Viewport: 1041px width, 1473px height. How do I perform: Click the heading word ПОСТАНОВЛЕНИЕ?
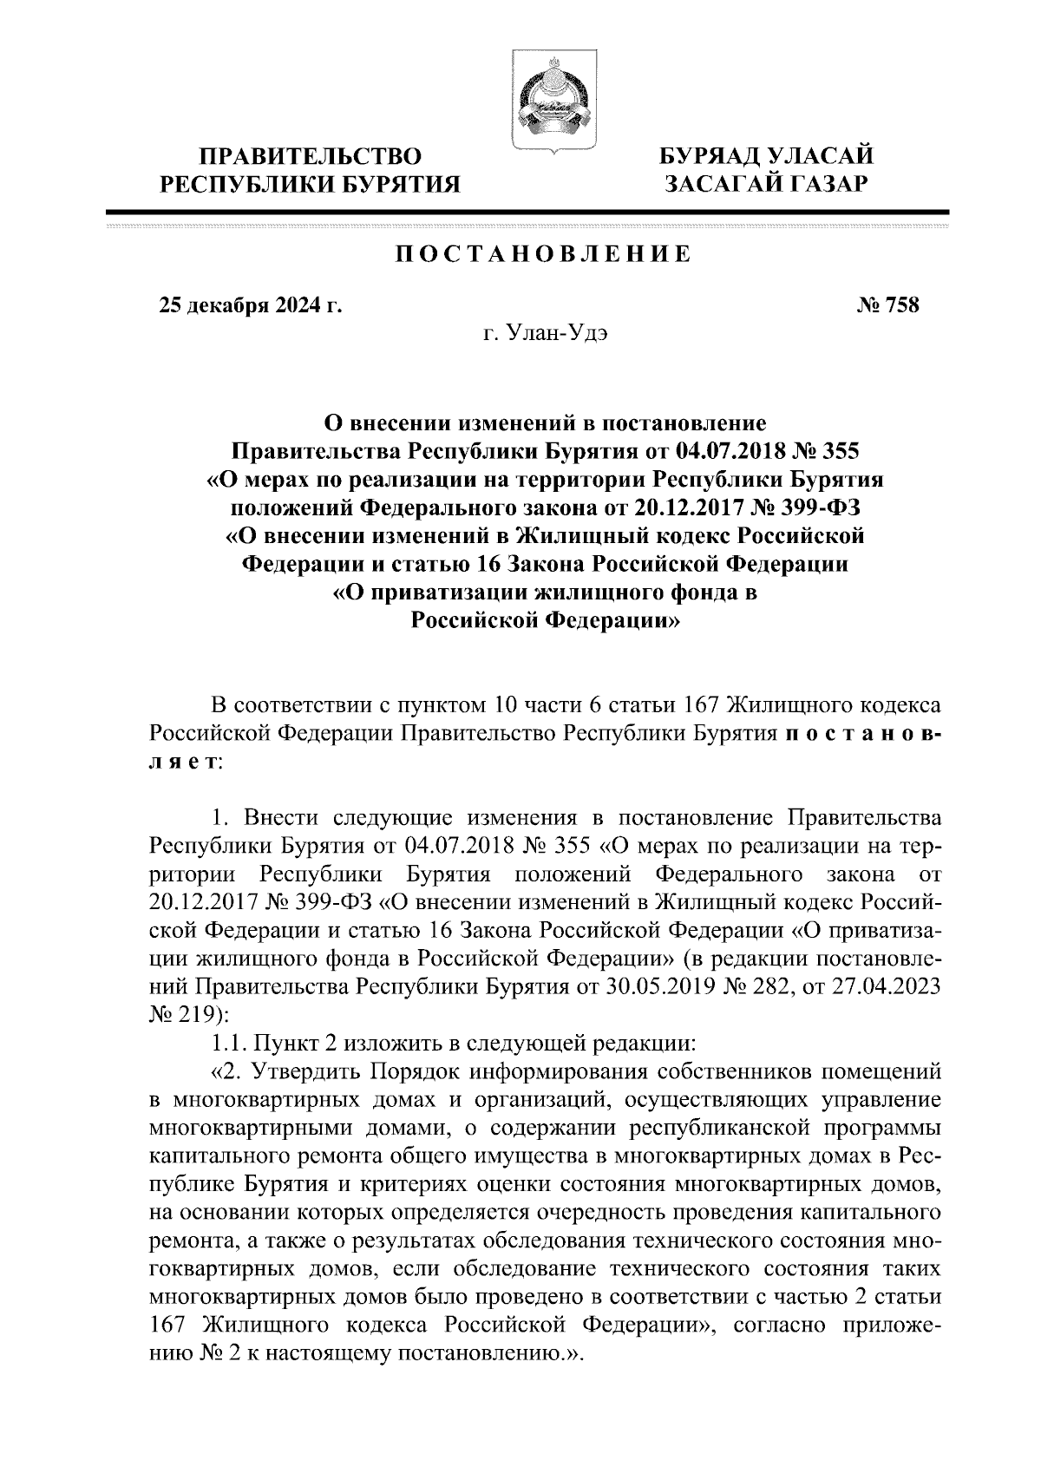pyautogui.click(x=544, y=254)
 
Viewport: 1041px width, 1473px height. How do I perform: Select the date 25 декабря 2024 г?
pyautogui.click(x=250, y=305)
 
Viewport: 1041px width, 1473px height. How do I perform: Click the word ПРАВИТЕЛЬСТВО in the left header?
pyautogui.click(x=311, y=157)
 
